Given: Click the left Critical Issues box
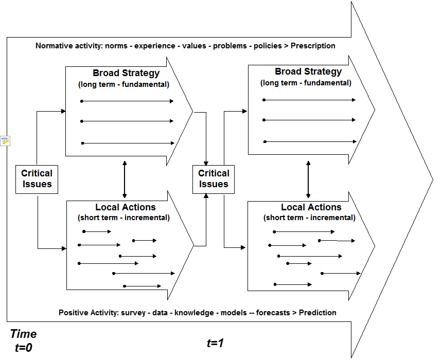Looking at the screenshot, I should tap(37, 179).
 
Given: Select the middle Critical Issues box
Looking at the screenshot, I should tap(214, 179).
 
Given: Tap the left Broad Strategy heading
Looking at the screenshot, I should tap(126, 73).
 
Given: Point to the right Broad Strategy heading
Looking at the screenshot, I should tap(308, 72).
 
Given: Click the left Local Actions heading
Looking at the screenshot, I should tap(124, 207).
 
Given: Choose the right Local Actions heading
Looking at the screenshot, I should tap(311, 207).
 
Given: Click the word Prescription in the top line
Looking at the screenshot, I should tap(313, 46).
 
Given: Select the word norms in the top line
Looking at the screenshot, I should tap(117, 46).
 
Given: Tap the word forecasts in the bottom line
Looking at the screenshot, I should tap(272, 312).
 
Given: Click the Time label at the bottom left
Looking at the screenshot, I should tap(23, 334).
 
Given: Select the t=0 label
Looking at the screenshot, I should tap(24, 348).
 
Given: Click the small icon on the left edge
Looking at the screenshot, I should tap(5, 140).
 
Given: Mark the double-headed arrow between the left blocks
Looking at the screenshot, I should tap(125, 178).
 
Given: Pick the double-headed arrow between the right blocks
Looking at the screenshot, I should tap(308, 178).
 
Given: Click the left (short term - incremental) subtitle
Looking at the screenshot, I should tap(123, 218).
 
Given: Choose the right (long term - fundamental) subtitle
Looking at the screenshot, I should tap(306, 83).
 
